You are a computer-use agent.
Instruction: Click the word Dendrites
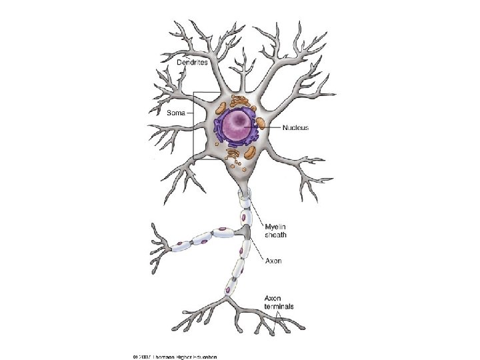pos(192,61)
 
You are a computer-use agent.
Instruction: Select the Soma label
pos(175,113)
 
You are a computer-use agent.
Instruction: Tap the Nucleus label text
pos(295,127)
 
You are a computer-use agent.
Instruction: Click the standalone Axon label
pos(273,261)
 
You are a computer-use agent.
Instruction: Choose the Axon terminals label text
pos(279,302)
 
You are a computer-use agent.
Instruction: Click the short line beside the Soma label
pos(189,113)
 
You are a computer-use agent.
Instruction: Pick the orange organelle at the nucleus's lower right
pos(249,152)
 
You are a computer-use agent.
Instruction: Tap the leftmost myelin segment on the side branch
pos(181,246)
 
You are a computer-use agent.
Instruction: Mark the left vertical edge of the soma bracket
pos(193,123)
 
